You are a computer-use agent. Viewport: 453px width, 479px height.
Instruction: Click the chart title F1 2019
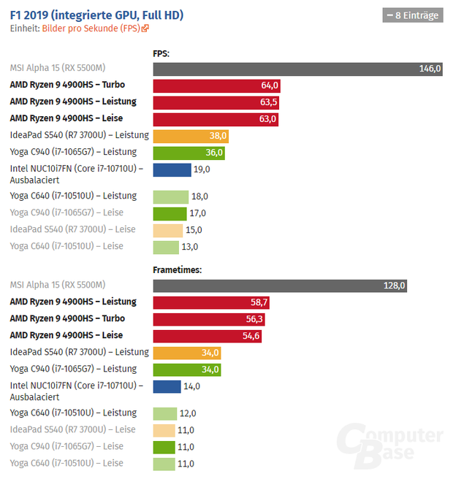pyautogui.click(x=96, y=15)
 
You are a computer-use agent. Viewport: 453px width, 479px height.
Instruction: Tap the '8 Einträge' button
pyautogui.click(x=413, y=15)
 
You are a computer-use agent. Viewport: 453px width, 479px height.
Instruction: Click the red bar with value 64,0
pyautogui.click(x=216, y=85)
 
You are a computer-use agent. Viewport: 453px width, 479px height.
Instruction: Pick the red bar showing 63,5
pyautogui.click(x=216, y=102)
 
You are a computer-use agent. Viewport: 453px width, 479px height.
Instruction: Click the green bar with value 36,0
pyautogui.click(x=189, y=153)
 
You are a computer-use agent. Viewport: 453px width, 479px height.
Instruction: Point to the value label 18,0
pyautogui.click(x=199, y=196)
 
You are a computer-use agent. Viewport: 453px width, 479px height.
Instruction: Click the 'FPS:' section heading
pyautogui.click(x=161, y=53)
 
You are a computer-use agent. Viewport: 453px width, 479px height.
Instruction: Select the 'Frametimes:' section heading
pyautogui.click(x=177, y=269)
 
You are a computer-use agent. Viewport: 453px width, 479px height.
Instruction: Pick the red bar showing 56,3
pyautogui.click(x=209, y=318)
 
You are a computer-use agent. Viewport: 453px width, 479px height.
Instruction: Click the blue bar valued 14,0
pyautogui.click(x=167, y=386)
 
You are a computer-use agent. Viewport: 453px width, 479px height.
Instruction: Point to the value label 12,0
pyautogui.click(x=189, y=413)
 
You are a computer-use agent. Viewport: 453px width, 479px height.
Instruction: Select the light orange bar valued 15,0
pyautogui.click(x=167, y=230)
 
